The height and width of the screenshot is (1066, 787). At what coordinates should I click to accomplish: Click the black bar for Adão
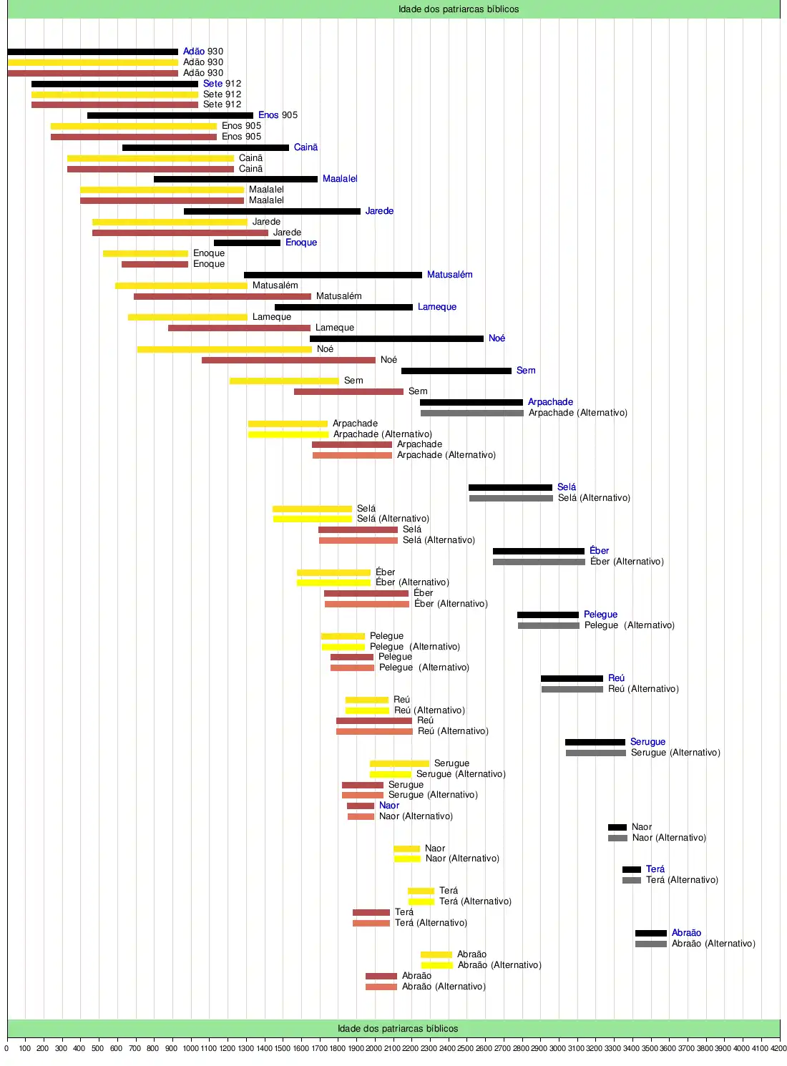[x=92, y=52]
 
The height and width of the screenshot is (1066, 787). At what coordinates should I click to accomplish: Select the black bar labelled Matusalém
[x=333, y=275]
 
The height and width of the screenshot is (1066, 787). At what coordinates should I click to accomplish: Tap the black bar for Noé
[x=396, y=338]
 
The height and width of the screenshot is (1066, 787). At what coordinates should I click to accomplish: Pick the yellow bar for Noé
[x=224, y=349]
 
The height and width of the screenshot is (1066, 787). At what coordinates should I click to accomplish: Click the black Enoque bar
[x=247, y=243]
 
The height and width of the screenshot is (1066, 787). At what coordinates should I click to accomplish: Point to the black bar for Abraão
[x=650, y=933]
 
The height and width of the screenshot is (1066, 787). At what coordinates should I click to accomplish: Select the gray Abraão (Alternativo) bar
[x=650, y=944]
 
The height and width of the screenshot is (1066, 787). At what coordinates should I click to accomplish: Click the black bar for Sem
[x=456, y=371]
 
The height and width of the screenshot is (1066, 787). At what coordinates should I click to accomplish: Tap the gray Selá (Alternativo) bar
[x=511, y=498]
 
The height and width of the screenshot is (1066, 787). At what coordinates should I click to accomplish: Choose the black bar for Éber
[x=538, y=551]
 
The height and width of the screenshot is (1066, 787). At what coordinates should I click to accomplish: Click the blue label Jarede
[x=379, y=211]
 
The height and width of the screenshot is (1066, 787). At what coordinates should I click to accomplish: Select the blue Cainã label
[x=305, y=147]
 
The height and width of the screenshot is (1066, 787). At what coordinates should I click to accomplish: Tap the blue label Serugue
[x=647, y=742]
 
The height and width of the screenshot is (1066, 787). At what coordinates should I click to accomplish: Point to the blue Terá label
[x=655, y=869]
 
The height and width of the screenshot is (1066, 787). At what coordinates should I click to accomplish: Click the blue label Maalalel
[x=340, y=179]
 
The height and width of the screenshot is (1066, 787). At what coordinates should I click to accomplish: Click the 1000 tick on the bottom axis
[x=190, y=1048]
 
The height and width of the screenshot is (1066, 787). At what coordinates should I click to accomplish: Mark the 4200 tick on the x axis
[x=778, y=1048]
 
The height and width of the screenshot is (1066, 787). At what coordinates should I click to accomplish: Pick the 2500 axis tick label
[x=466, y=1048]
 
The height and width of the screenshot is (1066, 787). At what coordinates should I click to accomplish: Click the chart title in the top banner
[x=459, y=9]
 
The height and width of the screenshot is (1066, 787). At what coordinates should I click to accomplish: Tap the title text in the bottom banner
[x=398, y=1029]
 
